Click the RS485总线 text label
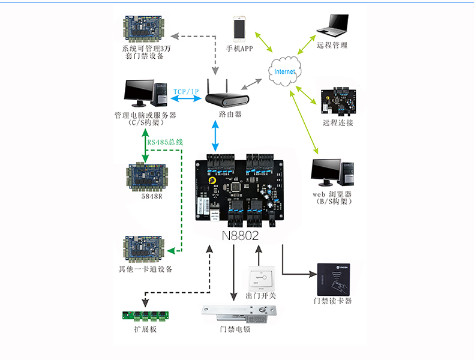165,142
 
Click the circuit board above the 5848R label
147,175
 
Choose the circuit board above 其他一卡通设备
145,248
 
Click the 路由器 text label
230,114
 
